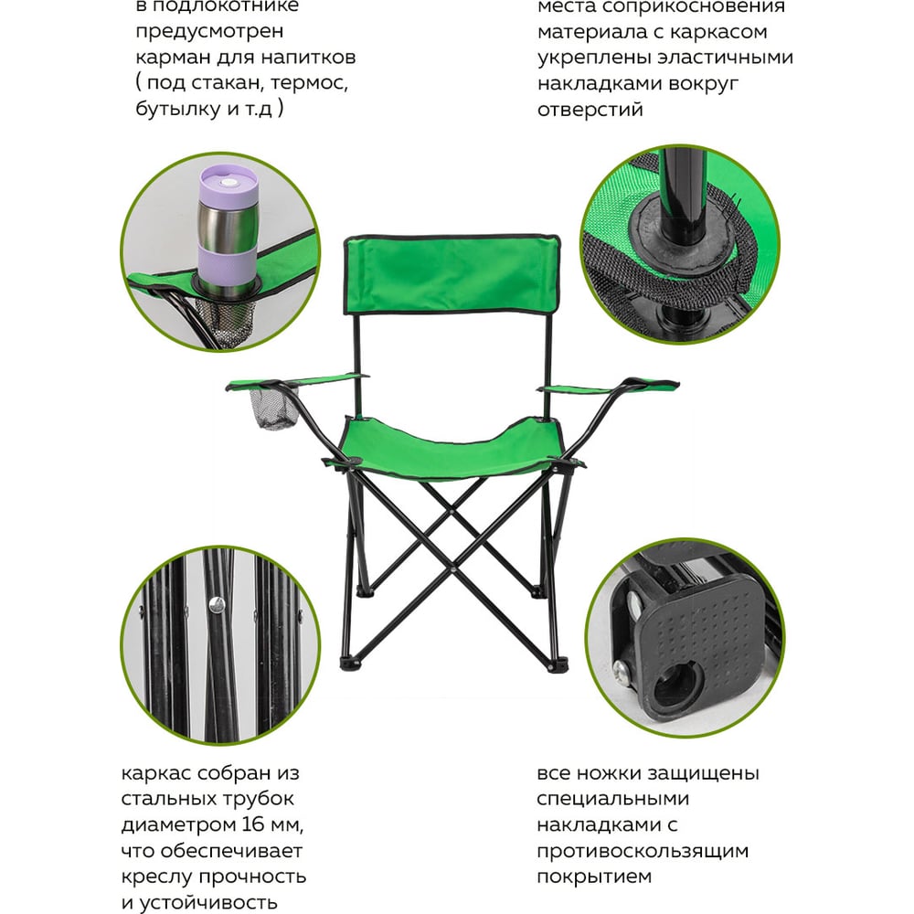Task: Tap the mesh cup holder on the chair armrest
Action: pos(273,407)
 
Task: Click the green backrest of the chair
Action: pos(452,274)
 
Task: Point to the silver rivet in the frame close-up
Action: pos(217,604)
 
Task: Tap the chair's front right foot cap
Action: pos(558,664)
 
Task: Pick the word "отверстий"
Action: pos(590,109)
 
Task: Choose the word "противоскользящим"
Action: pos(643,852)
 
